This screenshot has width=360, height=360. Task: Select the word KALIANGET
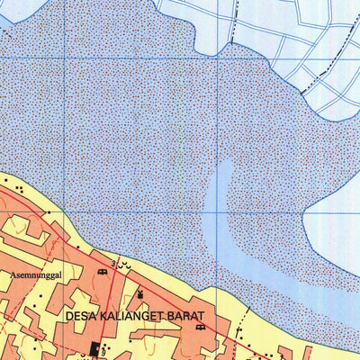(x=135, y=318)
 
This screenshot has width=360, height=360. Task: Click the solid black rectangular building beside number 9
(x=94, y=349)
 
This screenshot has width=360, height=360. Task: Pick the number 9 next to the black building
(x=104, y=349)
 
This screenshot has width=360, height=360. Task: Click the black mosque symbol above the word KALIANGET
(x=140, y=294)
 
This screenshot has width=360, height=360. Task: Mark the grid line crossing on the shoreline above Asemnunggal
(x=64, y=213)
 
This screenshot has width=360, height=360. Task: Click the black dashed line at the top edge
(x=237, y=13)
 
